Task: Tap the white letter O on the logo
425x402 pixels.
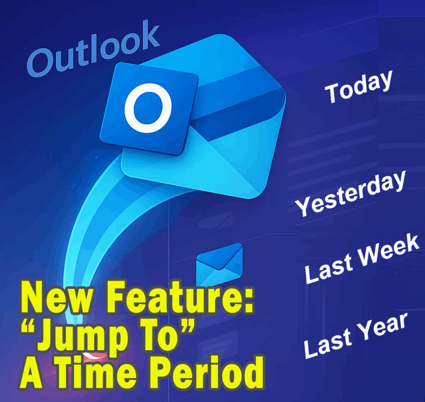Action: coord(148,108)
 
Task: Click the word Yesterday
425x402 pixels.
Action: coord(350,194)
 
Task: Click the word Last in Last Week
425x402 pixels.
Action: coord(329,269)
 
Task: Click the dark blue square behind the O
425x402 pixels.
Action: coord(149,109)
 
